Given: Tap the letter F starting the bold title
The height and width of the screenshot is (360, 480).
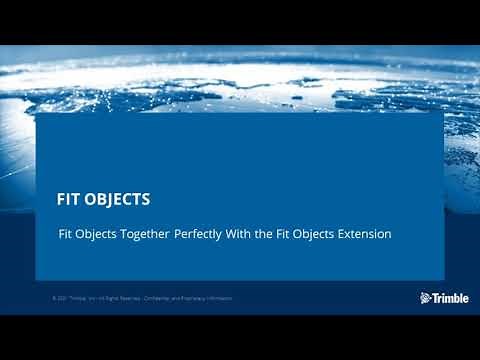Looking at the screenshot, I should pyautogui.click(x=61, y=199).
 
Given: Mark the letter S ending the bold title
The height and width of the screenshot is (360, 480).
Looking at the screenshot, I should pyautogui.click(x=146, y=199).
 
